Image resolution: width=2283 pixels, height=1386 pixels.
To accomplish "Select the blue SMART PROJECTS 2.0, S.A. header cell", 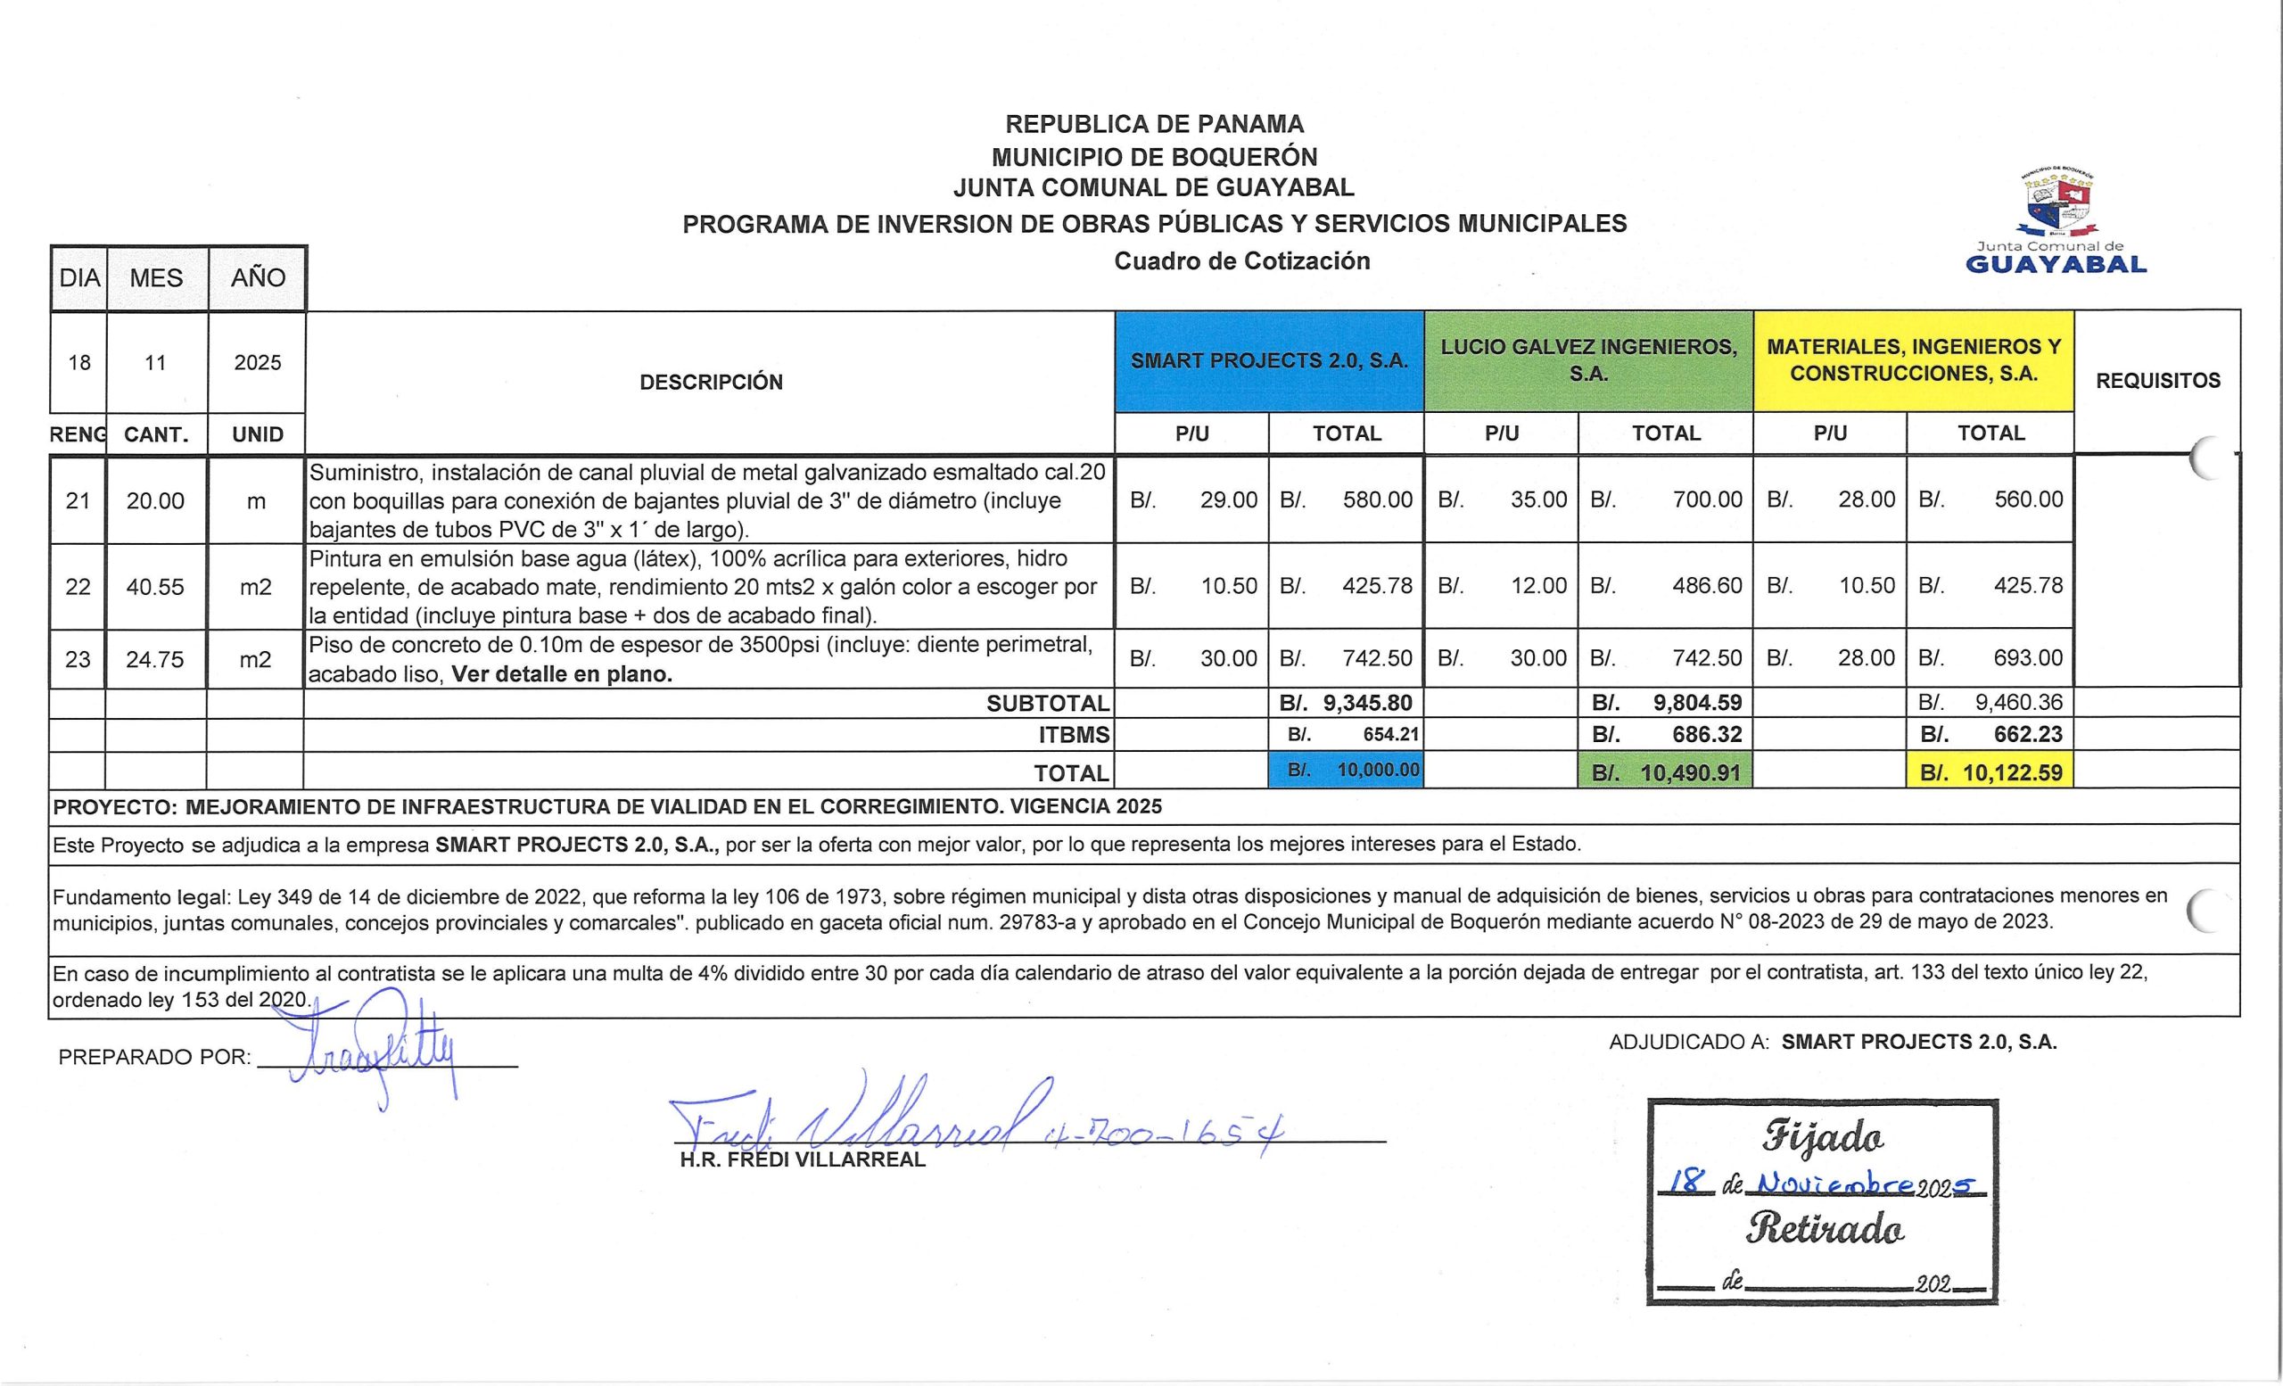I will tap(1268, 361).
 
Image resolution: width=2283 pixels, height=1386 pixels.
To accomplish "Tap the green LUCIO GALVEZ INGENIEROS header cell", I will tap(1588, 360).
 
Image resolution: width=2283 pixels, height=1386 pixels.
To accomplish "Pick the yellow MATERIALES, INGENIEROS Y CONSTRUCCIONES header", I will tap(1913, 360).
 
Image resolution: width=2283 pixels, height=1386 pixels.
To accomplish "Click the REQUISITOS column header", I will tap(2157, 381).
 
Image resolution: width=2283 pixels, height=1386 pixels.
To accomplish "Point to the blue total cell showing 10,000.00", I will tap(1346, 770).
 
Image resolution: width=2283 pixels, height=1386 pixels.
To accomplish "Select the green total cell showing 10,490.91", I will tap(1665, 771).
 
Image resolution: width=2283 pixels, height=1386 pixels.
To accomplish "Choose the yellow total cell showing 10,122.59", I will tap(1990, 771).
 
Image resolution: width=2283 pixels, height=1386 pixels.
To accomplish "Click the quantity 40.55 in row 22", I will tap(155, 588).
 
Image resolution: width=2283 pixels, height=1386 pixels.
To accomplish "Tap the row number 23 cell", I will tap(78, 660).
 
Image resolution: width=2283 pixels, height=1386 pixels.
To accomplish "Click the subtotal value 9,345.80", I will tap(1366, 703).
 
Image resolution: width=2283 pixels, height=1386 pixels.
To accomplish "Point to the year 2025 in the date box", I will tap(257, 363).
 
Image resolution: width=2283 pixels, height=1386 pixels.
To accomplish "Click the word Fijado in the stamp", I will tap(1824, 1136).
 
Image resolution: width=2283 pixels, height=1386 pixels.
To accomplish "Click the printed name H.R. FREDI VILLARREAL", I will tap(803, 1160).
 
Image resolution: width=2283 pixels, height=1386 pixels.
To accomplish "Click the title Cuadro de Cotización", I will tap(1241, 261).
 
